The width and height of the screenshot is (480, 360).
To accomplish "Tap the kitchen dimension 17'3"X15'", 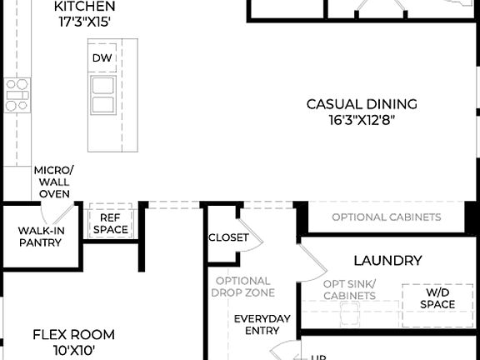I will click(85, 22).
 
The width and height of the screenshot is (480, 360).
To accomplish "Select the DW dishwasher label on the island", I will click(102, 57).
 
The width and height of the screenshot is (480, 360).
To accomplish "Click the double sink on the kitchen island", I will click(103, 95).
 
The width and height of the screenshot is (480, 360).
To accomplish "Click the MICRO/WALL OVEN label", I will click(53, 182).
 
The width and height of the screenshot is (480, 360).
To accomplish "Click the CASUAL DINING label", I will click(361, 104).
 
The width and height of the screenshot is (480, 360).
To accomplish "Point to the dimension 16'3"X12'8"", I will click(361, 119).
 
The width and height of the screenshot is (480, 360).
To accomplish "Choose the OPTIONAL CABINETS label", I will click(386, 217).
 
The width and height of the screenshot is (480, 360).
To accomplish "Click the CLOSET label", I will click(228, 237).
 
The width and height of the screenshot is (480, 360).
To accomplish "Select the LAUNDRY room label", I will click(387, 261).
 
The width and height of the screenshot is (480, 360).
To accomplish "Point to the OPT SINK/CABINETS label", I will click(349, 290).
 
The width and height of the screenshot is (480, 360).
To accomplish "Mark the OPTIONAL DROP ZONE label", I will click(243, 287).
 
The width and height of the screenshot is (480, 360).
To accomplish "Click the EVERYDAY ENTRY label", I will click(262, 325).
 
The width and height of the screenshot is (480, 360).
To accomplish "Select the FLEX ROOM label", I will click(73, 335).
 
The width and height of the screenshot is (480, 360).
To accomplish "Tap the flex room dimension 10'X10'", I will click(73, 351).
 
